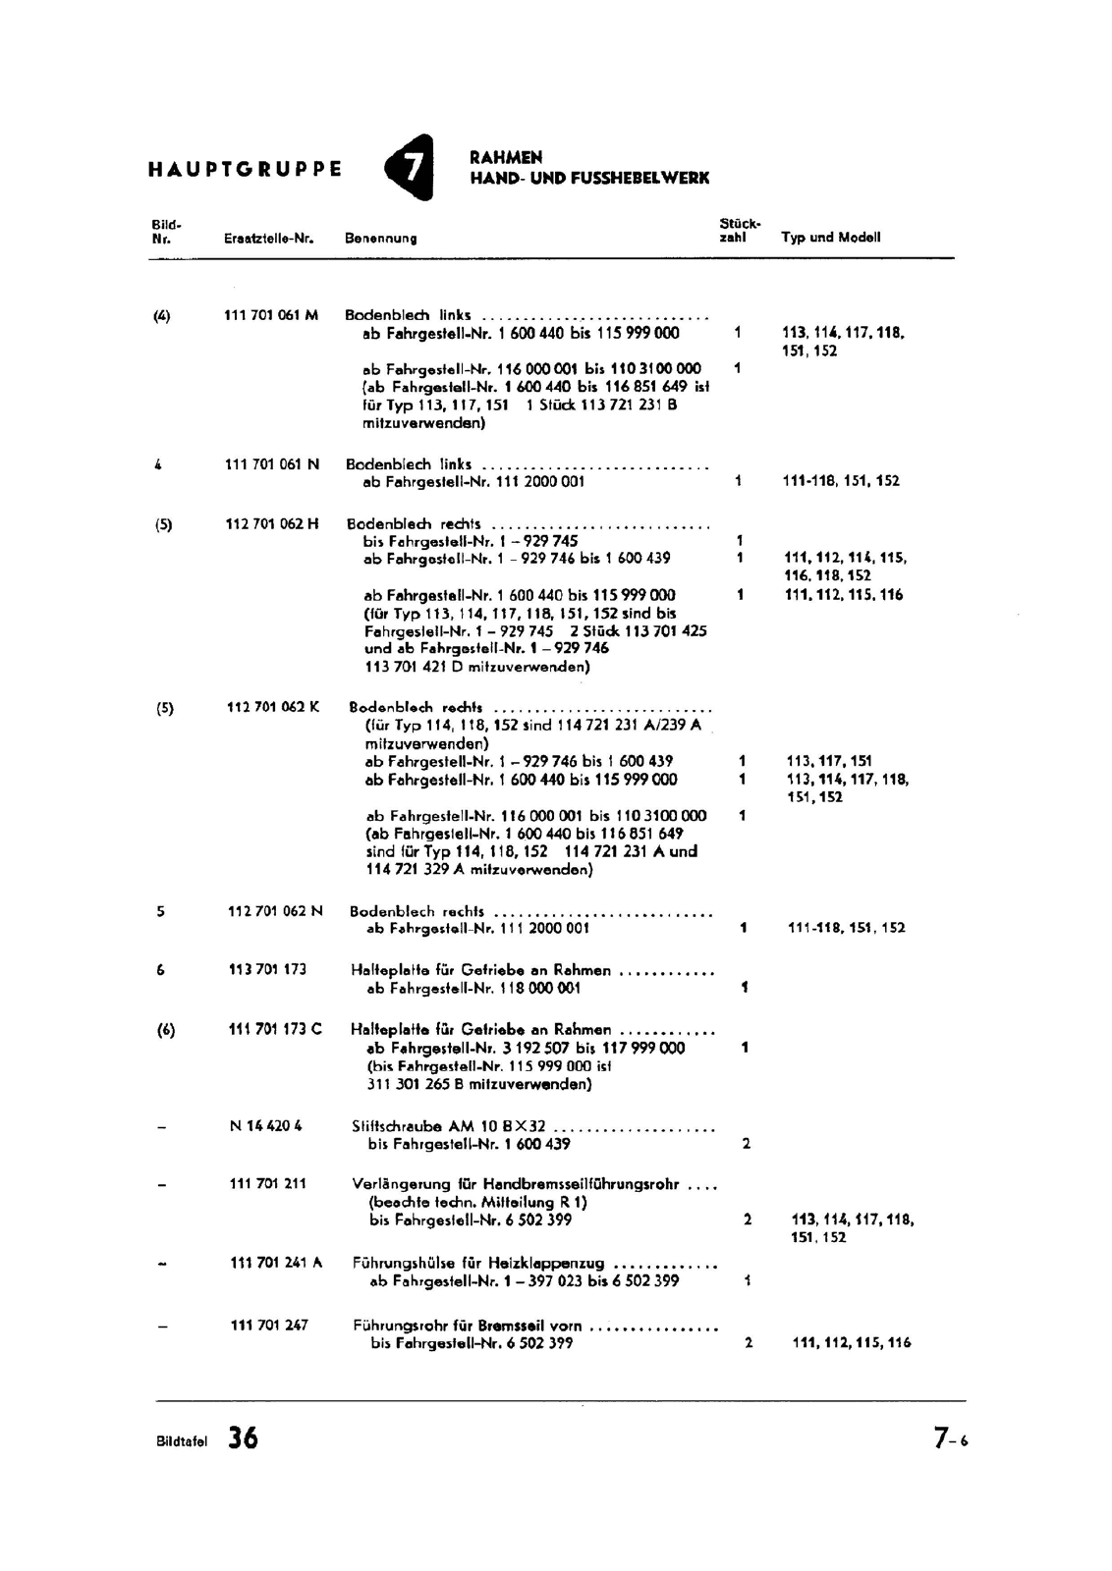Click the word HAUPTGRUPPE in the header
(245, 169)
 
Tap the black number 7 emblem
(411, 168)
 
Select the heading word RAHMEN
(506, 157)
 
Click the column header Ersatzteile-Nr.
(268, 239)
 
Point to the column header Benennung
(380, 239)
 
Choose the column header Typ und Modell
(830, 237)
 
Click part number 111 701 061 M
(271, 315)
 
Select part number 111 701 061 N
(272, 464)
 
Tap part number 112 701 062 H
(272, 523)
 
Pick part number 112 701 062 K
(273, 707)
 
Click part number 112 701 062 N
(275, 911)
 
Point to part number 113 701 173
(267, 969)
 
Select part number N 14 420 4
(265, 1126)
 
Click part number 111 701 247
(269, 1325)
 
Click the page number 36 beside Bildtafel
(243, 1438)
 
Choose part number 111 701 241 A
(276, 1263)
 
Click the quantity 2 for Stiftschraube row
(747, 1144)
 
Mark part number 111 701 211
(267, 1183)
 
